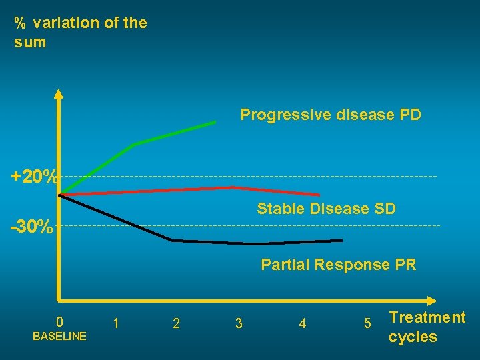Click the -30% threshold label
click(32, 227)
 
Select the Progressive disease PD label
click(331, 115)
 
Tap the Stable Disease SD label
click(326, 209)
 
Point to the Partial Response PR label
click(338, 265)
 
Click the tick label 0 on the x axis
click(59, 321)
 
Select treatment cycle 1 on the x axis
click(116, 324)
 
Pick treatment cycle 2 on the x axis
click(176, 324)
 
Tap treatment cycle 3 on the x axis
click(239, 324)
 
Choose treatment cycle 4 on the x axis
click(303, 324)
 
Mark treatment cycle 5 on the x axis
click(367, 324)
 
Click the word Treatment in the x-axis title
click(427, 317)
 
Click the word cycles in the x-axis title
click(413, 337)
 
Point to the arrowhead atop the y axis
click(59, 94)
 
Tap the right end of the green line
click(215, 122)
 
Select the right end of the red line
click(291, 194)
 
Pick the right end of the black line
click(341, 240)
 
